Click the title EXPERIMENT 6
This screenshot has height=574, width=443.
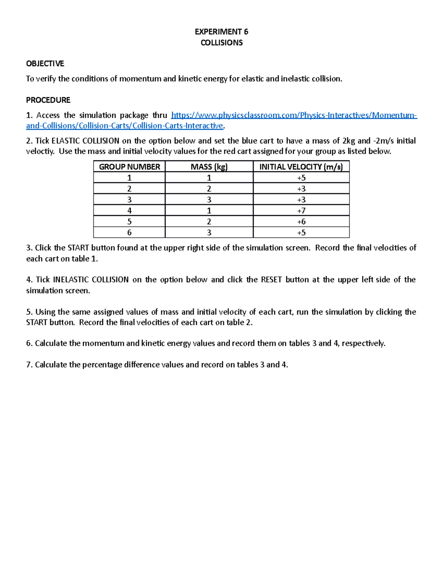pyautogui.click(x=221, y=31)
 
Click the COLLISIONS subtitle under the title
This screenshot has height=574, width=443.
pyautogui.click(x=221, y=43)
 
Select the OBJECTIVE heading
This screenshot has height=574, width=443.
pyautogui.click(x=45, y=64)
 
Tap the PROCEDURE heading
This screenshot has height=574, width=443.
pyautogui.click(x=48, y=100)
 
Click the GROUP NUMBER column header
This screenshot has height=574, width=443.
pyautogui.click(x=129, y=167)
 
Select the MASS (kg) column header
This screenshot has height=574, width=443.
pyautogui.click(x=209, y=167)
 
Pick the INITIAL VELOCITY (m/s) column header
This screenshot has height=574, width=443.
pyautogui.click(x=301, y=167)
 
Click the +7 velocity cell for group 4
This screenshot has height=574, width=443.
pyautogui.click(x=301, y=211)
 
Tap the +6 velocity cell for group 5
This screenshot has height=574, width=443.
pyautogui.click(x=301, y=221)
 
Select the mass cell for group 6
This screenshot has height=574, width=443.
pyautogui.click(x=209, y=232)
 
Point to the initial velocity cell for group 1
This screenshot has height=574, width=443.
pyautogui.click(x=301, y=178)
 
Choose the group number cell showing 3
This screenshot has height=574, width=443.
pyautogui.click(x=129, y=200)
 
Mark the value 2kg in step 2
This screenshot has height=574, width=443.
pyautogui.click(x=348, y=141)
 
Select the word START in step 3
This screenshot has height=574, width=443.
pyautogui.click(x=78, y=248)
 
